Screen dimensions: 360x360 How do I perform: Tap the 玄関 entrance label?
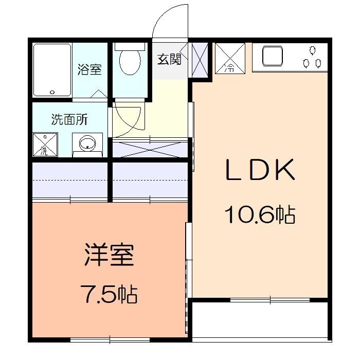click(169, 60)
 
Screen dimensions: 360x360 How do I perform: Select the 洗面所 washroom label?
click(69, 120)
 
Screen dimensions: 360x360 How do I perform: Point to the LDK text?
click(260, 170)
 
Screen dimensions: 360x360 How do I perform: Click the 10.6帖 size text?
click(259, 213)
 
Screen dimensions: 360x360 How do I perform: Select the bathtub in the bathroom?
click(52, 70)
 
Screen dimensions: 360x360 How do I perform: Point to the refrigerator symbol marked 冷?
click(229, 58)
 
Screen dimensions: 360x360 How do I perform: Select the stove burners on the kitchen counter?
click(312, 58)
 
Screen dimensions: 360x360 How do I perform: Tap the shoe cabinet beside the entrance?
click(200, 60)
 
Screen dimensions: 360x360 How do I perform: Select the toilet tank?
click(130, 46)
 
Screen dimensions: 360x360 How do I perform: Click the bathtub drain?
click(52, 93)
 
